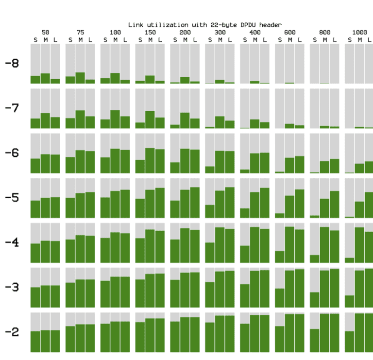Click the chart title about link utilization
[204, 25]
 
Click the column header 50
[45, 32]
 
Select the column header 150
[150, 32]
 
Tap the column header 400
[255, 32]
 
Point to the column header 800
[325, 32]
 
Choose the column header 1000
[359, 32]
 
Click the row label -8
[12, 63]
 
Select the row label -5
[12, 198]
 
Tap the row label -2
[12, 332]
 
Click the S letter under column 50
[35, 39]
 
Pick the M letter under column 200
[185, 39]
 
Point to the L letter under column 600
[300, 39]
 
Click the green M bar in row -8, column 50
[45, 79]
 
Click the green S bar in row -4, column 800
[315, 258]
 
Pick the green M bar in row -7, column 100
[115, 120]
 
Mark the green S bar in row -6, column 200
[175, 168]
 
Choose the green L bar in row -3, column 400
[265, 289]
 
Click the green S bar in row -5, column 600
[280, 215]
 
